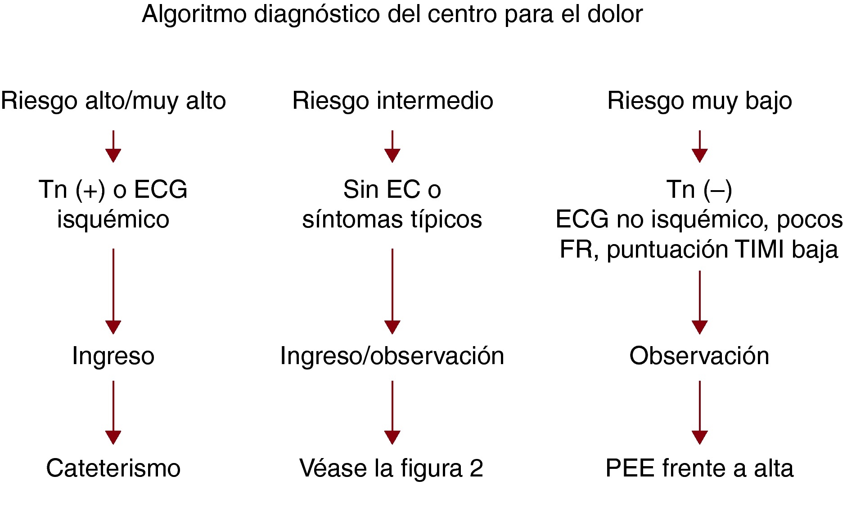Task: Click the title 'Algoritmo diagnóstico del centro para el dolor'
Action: pos(392,14)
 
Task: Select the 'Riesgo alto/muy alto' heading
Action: pos(113,101)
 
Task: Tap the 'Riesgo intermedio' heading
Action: pos(392,101)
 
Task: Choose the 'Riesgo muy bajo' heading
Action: pos(699,101)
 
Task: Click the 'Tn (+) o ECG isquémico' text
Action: pos(113,204)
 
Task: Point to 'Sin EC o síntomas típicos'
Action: pos(392,204)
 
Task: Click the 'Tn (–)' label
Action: pos(699,189)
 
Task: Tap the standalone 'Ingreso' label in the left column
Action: pos(113,356)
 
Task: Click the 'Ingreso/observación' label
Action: pos(392,356)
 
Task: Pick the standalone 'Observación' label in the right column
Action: pos(699,356)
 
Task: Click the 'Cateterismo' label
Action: pos(113,468)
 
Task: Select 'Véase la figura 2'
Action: pos(392,468)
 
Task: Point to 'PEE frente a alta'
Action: pos(699,468)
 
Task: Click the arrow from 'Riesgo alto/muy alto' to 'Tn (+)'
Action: pos(113,147)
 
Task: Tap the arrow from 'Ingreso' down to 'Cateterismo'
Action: pos(113,413)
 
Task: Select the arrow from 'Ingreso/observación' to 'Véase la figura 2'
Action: pos(392,413)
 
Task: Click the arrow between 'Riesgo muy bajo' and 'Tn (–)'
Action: pos(700,147)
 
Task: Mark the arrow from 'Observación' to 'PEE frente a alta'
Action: pos(700,413)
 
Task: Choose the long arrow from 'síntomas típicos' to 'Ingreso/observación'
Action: pos(392,291)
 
